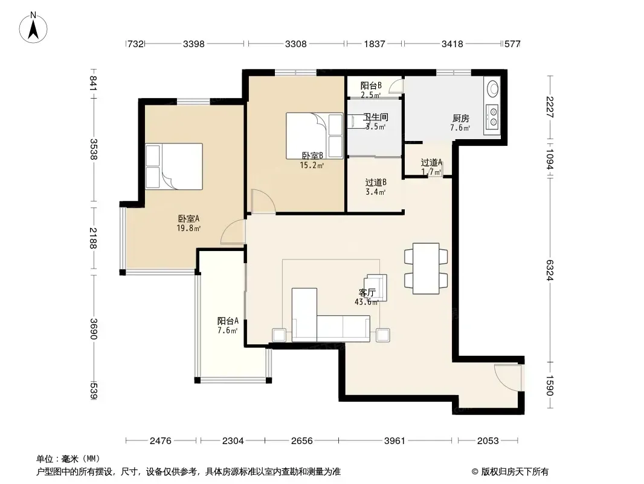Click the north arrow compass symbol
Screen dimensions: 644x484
(x=33, y=28)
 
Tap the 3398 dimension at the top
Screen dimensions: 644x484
(x=193, y=44)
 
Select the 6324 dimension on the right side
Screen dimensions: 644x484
(x=550, y=270)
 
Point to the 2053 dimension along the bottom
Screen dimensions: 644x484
(x=488, y=441)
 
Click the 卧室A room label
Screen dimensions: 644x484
(x=188, y=219)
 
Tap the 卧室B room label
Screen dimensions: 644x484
(x=312, y=156)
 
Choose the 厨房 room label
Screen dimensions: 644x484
(x=460, y=119)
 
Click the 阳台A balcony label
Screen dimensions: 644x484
(x=228, y=321)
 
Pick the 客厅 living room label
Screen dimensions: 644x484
(x=367, y=293)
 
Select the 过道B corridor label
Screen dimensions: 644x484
(x=376, y=183)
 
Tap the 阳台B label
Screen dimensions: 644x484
(x=371, y=85)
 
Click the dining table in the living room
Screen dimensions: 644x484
(x=426, y=269)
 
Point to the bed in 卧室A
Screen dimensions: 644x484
(x=174, y=166)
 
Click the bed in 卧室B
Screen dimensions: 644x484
(x=315, y=136)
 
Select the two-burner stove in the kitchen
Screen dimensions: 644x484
(x=492, y=116)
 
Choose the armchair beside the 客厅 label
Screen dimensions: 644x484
(x=377, y=287)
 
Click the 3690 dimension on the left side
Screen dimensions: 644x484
(x=94, y=329)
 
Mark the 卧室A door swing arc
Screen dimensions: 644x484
(x=233, y=232)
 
